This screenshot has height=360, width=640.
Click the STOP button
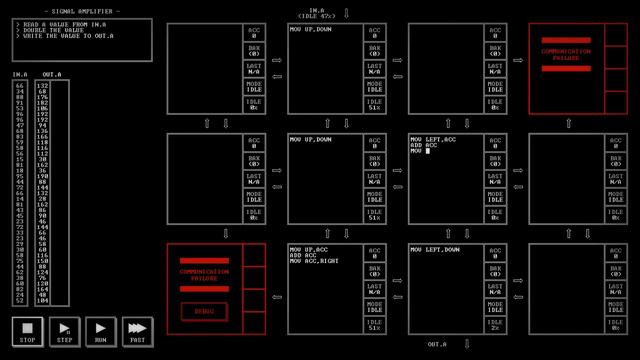[x=27, y=331]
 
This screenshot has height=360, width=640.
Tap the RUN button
[x=100, y=331]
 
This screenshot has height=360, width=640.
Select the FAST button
[x=137, y=331]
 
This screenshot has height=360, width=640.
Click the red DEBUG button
[x=204, y=311]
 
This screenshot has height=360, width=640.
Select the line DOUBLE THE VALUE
[x=51, y=30]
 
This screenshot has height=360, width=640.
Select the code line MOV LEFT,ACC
[x=433, y=139]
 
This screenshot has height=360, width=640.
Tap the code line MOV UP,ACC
[x=310, y=249]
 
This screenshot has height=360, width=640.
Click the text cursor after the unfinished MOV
[x=427, y=151]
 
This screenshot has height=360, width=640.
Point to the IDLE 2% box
[x=494, y=324]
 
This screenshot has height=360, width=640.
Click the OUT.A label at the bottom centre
[x=437, y=344]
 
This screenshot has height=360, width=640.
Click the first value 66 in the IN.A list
[x=19, y=86]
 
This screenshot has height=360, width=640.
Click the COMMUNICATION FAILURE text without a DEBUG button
[x=566, y=54]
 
